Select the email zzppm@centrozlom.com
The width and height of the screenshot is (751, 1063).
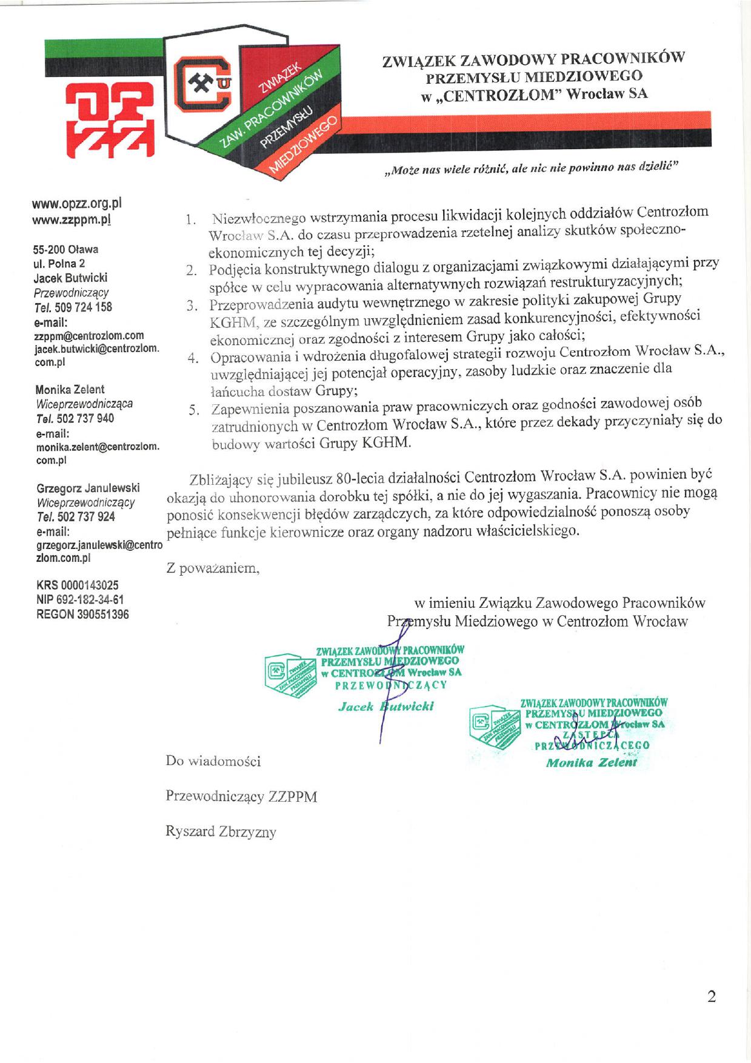89,335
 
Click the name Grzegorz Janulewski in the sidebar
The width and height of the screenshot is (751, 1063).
88,488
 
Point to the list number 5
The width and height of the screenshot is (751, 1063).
193,410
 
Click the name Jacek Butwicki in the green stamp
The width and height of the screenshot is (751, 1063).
386,707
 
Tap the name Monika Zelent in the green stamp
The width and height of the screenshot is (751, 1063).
591,762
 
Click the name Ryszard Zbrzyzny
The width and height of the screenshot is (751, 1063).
221,831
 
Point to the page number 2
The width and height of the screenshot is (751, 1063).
712,996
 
